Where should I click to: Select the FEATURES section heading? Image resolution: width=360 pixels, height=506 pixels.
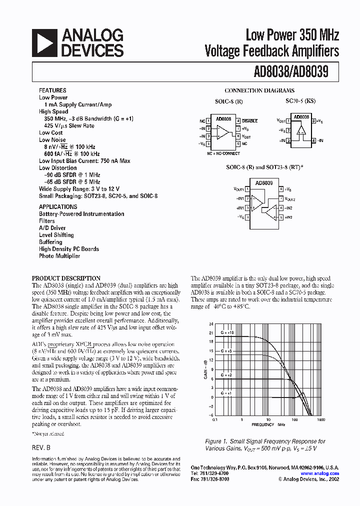[52, 90]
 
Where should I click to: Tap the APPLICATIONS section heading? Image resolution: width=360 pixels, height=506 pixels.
[58, 206]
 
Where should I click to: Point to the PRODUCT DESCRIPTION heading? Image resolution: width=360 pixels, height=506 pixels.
[66, 278]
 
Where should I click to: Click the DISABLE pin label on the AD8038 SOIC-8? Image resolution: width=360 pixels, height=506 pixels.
[249, 121]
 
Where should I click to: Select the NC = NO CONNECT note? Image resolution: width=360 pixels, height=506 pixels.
[223, 153]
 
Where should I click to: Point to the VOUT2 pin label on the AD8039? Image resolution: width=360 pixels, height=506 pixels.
[291, 198]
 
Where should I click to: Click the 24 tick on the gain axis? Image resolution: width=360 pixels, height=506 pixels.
[211, 324]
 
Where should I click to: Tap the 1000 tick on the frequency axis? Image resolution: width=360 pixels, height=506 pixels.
[320, 420]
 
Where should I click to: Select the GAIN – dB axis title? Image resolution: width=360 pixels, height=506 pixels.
[205, 369]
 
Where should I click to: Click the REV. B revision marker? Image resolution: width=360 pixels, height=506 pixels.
[41, 448]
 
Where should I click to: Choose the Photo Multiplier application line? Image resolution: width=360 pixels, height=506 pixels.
[59, 256]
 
